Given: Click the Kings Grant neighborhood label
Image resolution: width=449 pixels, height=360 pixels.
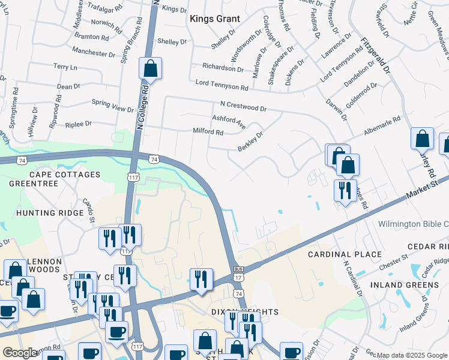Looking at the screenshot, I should click(x=214, y=19).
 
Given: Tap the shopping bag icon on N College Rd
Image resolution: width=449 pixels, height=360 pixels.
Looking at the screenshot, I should click(x=150, y=69).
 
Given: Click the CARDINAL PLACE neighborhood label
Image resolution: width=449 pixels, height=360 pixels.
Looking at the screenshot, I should click(x=345, y=254).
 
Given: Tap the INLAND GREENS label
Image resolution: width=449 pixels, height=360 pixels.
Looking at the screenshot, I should click(x=404, y=284).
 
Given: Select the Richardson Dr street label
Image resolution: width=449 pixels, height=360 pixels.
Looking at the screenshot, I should click(x=223, y=68).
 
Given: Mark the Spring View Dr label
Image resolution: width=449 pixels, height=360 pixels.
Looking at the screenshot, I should click(x=112, y=109).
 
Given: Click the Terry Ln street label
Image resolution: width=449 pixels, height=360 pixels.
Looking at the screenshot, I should click(x=65, y=67).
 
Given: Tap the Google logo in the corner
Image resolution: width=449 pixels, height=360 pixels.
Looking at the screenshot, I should click(x=19, y=353).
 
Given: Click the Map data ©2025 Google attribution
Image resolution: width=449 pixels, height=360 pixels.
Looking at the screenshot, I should click(x=412, y=355).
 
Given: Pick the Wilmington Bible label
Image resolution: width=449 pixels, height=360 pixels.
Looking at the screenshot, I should click(x=413, y=224).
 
